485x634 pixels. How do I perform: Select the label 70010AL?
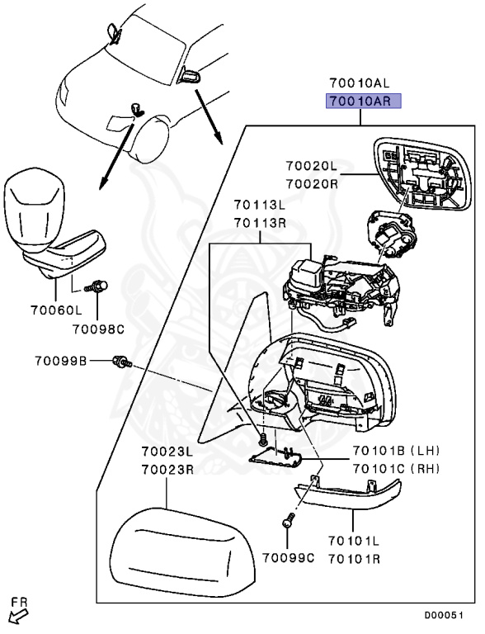click(x=360, y=83)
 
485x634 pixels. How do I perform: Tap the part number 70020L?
click(x=311, y=166)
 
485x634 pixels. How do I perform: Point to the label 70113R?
click(x=260, y=223)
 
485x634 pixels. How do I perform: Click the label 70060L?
click(x=56, y=310)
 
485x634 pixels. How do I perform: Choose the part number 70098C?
click(x=99, y=329)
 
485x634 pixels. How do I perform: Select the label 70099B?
click(x=61, y=360)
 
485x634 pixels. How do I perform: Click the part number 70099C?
click(x=288, y=557)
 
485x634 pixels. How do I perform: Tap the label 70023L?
click(x=167, y=451)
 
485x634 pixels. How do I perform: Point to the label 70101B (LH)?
click(x=396, y=450)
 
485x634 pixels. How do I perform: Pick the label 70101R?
click(x=354, y=559)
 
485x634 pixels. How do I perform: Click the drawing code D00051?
click(x=444, y=615)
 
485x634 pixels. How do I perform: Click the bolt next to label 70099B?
click(x=122, y=361)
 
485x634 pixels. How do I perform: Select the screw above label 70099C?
click(x=290, y=519)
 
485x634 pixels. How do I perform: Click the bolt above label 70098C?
click(x=97, y=286)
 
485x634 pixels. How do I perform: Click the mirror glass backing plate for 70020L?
click(x=422, y=174)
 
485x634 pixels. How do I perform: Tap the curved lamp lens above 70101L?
click(x=347, y=494)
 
